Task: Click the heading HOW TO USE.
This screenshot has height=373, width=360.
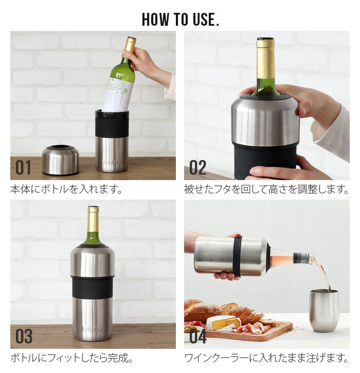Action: [181, 19]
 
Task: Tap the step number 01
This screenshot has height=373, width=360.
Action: [23, 167]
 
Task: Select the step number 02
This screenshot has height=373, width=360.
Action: [197, 167]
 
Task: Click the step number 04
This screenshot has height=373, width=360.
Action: [197, 336]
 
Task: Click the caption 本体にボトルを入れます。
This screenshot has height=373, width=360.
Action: [67, 189]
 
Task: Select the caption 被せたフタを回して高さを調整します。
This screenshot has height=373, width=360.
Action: [266, 189]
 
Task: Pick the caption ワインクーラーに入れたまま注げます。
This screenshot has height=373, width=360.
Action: [266, 358]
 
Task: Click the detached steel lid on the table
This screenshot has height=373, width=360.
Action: [60, 160]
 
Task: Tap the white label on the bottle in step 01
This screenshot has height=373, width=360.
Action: [117, 95]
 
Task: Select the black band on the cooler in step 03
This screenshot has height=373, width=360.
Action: [93, 287]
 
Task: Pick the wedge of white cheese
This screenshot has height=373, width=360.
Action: [223, 323]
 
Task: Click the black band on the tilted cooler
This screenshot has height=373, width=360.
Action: [237, 256]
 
